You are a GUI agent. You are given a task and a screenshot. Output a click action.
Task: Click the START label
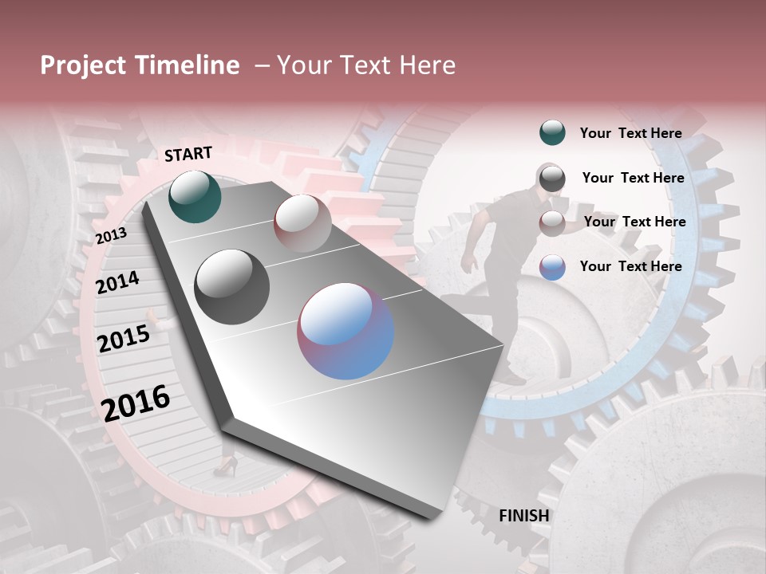188,154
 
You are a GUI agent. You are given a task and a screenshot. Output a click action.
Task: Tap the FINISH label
524,516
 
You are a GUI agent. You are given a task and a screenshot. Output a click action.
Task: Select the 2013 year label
111,236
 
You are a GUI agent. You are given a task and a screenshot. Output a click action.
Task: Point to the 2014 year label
118,282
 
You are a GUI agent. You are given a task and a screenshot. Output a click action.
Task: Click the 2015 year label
124,339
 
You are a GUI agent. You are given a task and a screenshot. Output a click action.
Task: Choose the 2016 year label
136,403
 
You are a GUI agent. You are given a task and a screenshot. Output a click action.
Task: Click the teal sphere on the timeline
195,196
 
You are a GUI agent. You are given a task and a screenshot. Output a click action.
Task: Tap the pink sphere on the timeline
302,222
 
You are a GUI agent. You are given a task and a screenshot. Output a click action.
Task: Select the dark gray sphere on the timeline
232,287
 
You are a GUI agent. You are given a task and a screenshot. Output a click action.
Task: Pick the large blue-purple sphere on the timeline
345,331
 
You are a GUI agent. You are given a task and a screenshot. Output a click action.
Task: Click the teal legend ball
552,133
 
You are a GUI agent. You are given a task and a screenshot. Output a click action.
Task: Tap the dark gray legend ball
552,178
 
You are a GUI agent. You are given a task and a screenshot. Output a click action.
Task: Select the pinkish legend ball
552,222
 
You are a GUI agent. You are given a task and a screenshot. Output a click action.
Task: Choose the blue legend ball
552,267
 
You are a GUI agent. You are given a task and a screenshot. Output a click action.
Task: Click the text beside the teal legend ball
630,133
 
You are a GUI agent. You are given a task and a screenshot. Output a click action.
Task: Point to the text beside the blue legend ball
630,266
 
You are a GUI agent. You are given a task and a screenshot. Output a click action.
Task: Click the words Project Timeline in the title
140,65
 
